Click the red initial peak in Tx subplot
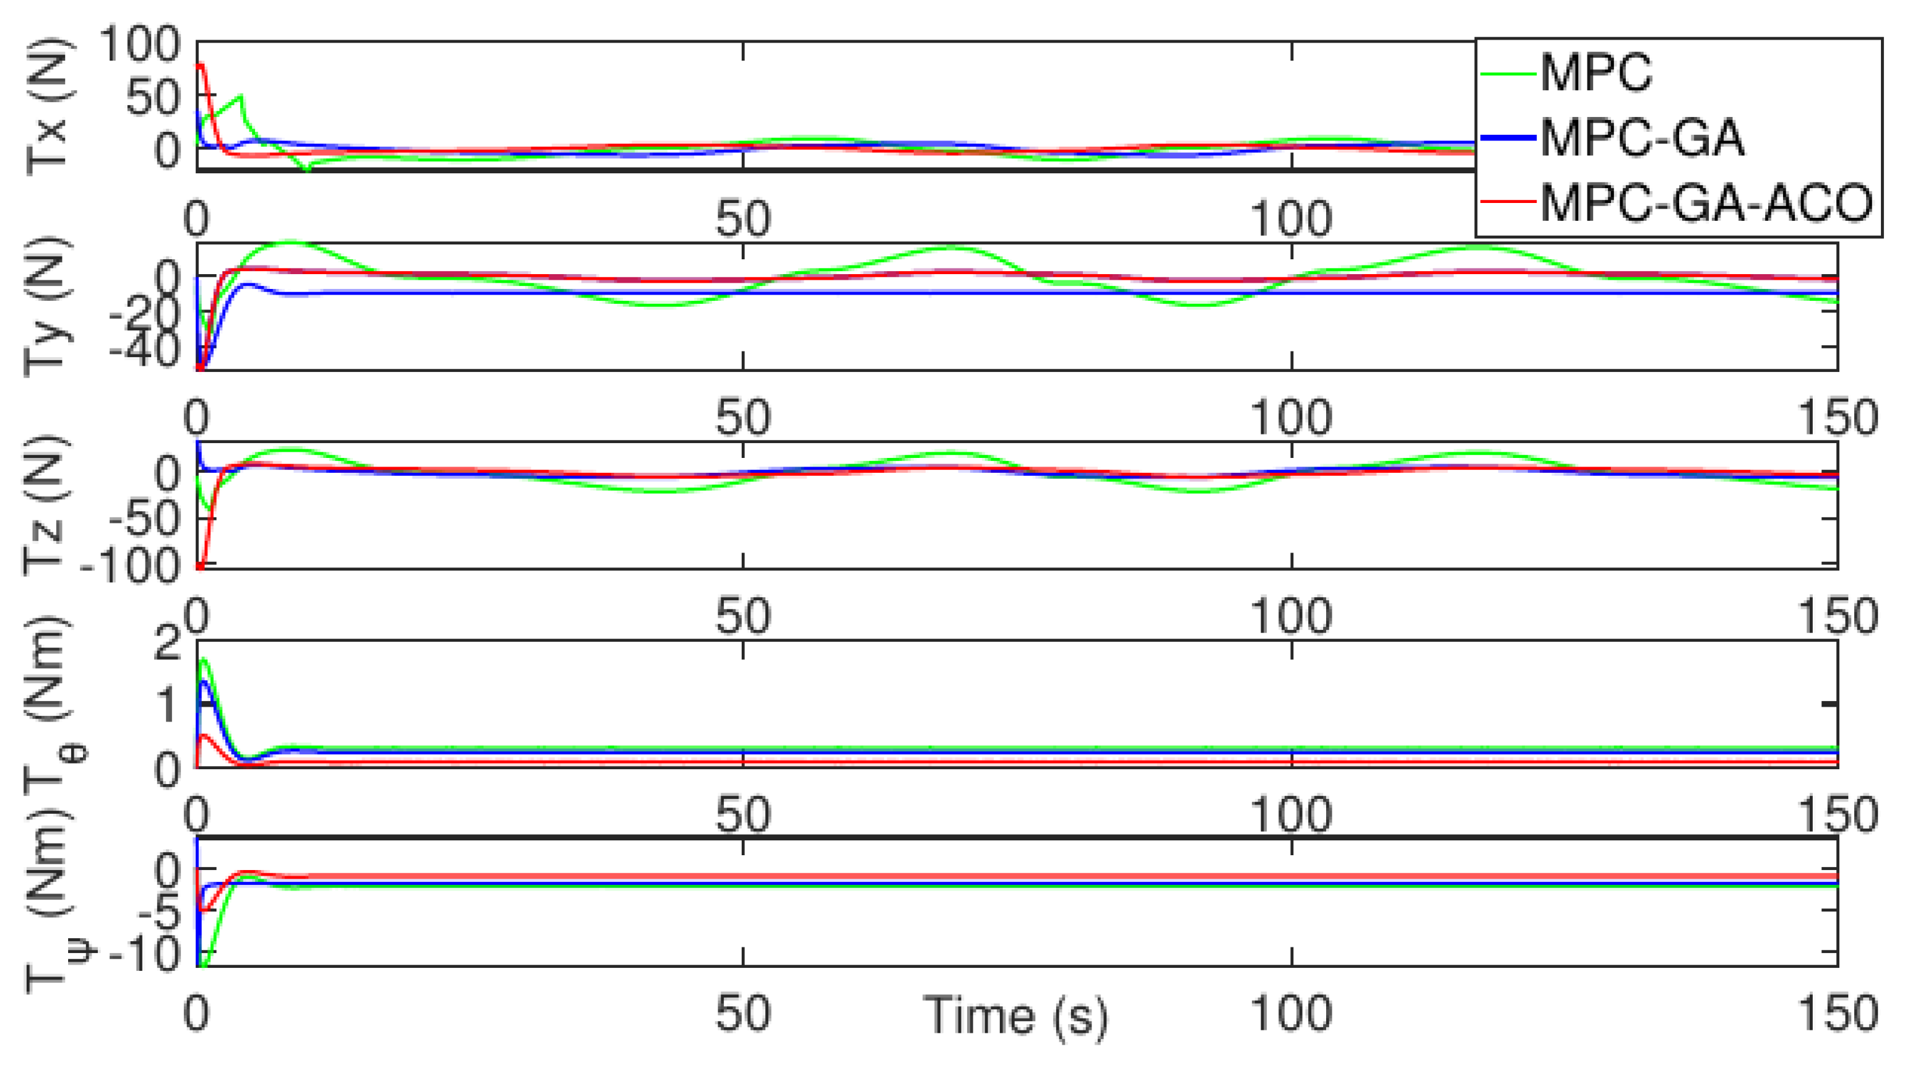(x=200, y=65)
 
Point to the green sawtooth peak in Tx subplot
(x=240, y=97)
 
